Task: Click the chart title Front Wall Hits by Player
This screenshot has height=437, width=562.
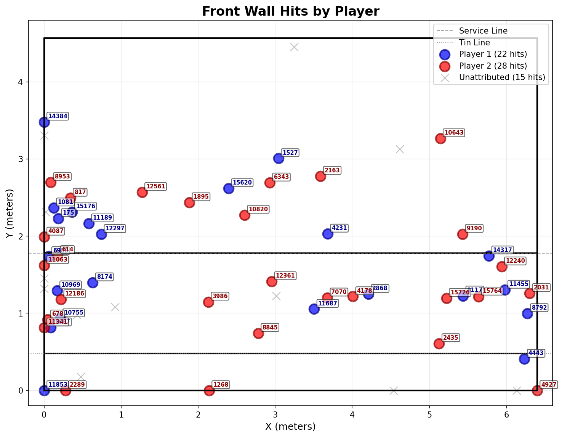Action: pyautogui.click(x=290, y=11)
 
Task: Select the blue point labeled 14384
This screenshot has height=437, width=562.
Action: pyautogui.click(x=44, y=122)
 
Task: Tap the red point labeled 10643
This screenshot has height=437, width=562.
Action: pyautogui.click(x=441, y=138)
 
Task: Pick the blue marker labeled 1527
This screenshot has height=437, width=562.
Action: pyautogui.click(x=279, y=159)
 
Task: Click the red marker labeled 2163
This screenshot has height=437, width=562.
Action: pyautogui.click(x=320, y=176)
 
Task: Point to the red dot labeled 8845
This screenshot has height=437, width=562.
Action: pyautogui.click(x=258, y=333)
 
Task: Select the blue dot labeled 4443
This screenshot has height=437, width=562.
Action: pyautogui.click(x=524, y=359)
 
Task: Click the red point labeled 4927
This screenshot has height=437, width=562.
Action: pyautogui.click(x=537, y=390)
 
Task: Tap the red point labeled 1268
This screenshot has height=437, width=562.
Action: pyautogui.click(x=209, y=390)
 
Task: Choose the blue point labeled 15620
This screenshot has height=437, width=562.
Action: pyautogui.click(x=229, y=188)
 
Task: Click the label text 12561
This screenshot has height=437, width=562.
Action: pyautogui.click(x=156, y=186)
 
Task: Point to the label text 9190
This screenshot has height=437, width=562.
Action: pyautogui.click(x=474, y=228)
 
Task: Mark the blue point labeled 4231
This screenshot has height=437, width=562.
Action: pyautogui.click(x=328, y=234)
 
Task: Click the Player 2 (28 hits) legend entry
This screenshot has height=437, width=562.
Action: pyautogui.click(x=493, y=66)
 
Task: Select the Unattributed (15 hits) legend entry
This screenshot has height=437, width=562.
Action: pyautogui.click(x=502, y=77)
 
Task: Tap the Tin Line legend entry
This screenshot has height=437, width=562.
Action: pyautogui.click(x=474, y=43)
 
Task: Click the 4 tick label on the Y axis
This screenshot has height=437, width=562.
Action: pyautogui.click(x=21, y=82)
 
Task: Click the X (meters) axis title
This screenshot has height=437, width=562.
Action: pyautogui.click(x=290, y=426)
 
